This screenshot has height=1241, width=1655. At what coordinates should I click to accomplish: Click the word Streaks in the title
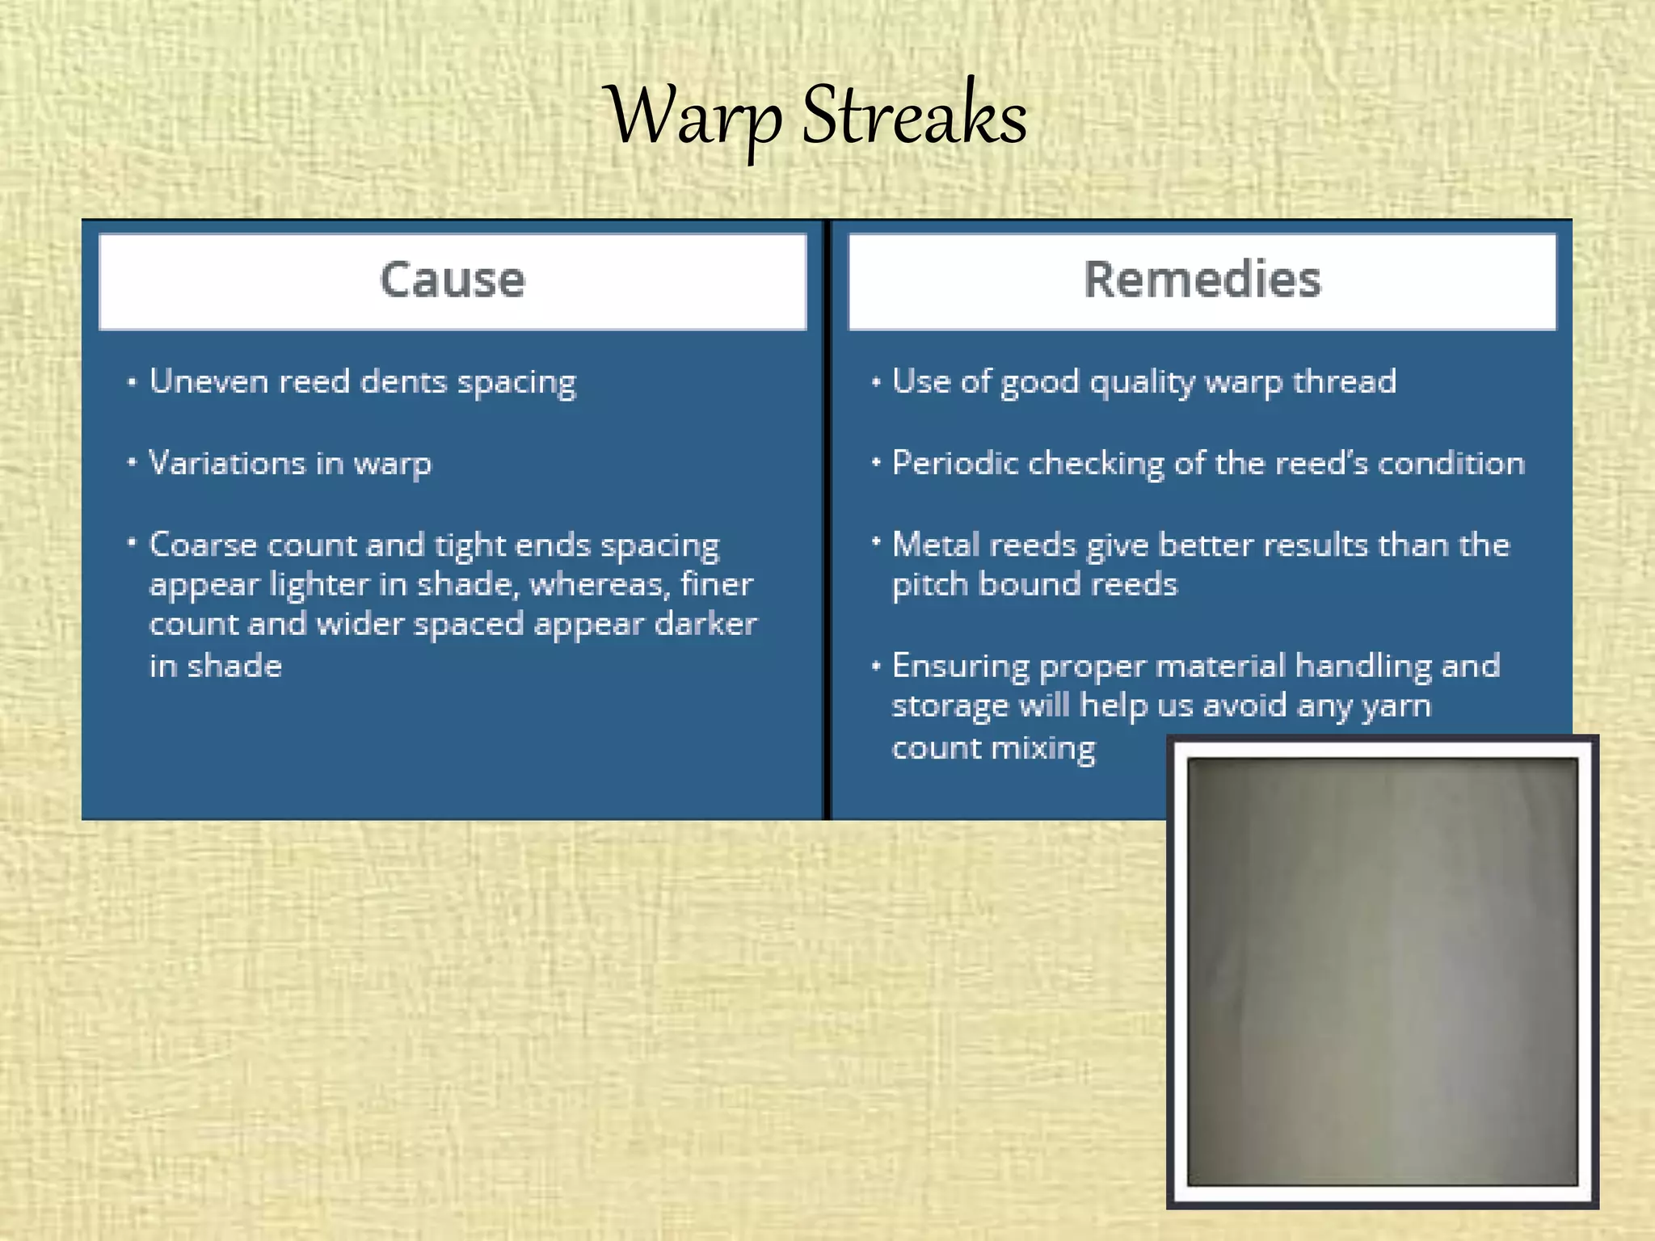coord(914,117)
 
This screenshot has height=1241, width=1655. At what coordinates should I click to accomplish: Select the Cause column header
coord(453,280)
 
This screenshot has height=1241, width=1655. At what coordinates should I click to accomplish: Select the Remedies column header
coord(1202,280)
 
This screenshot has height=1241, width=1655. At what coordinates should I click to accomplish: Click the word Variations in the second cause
coord(227,463)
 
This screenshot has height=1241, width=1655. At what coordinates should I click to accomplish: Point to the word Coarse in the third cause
coord(203,545)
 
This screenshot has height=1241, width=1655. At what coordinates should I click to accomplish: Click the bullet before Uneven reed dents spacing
coord(132,382)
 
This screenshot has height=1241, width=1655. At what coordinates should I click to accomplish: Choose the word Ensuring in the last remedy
coord(960,666)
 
